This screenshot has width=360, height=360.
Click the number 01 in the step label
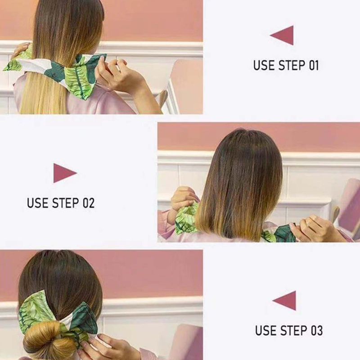[x=314, y=65]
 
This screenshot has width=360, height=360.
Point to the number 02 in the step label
[x=89, y=203]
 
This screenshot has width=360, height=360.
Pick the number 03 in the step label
[x=317, y=330]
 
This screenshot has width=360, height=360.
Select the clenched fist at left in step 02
[x=183, y=198]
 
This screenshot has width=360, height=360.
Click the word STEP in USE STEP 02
[x=66, y=203]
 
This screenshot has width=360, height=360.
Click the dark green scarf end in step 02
[x=284, y=234]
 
